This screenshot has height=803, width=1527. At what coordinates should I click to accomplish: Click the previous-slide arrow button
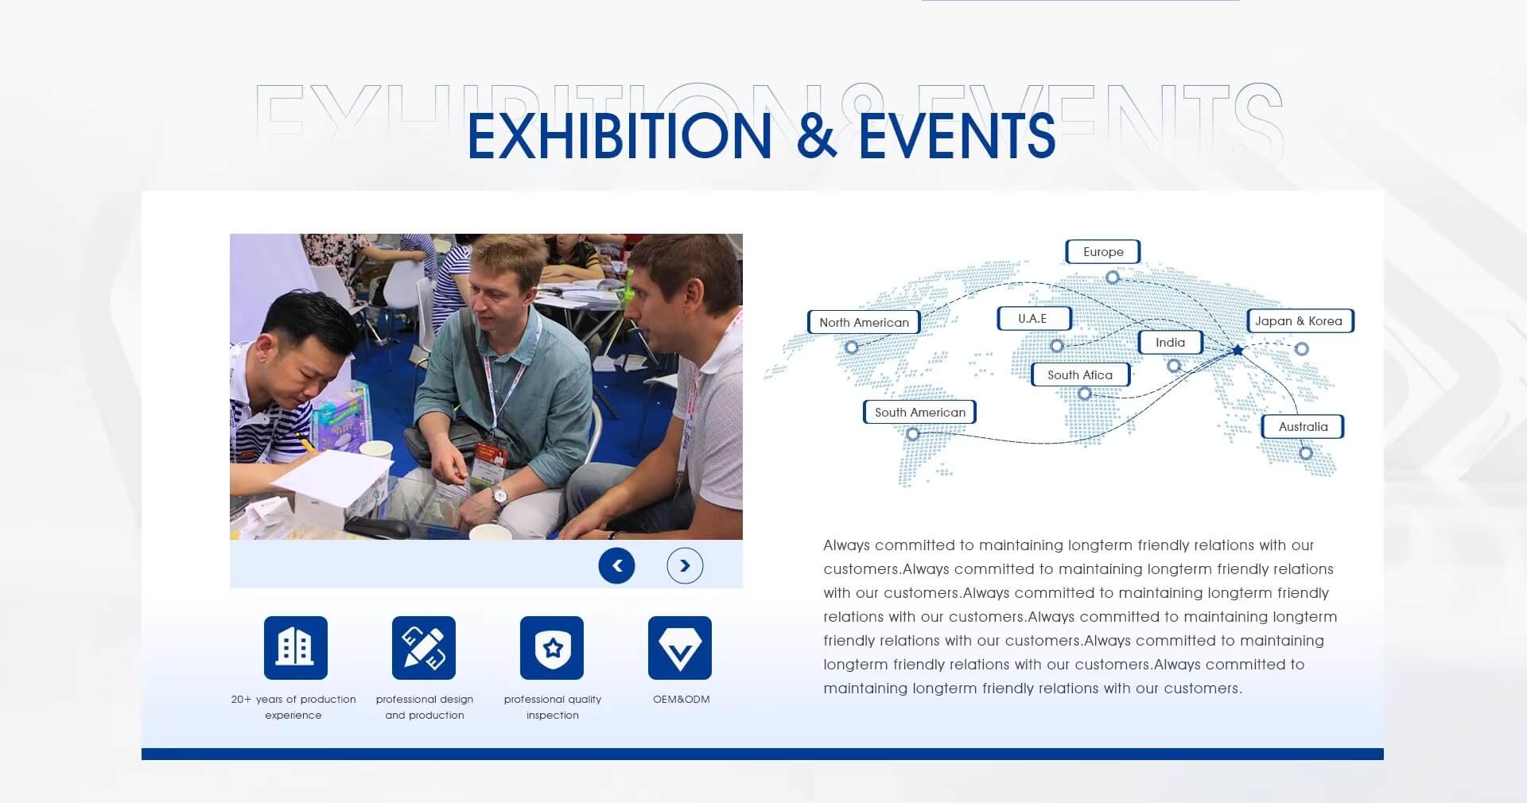[x=616, y=566]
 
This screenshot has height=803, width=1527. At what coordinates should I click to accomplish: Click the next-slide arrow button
[x=685, y=566]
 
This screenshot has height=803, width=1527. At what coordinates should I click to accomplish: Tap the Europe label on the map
[x=1103, y=252]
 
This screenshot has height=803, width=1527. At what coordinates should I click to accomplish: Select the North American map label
[x=864, y=322]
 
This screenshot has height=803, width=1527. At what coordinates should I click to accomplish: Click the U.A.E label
[x=1034, y=319]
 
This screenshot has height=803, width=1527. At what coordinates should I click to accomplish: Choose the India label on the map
[x=1170, y=343]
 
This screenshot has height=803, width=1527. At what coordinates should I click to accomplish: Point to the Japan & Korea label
[x=1300, y=321]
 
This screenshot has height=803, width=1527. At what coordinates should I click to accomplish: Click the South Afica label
[x=1080, y=374]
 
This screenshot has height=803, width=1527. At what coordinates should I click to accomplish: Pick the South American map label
[x=919, y=412]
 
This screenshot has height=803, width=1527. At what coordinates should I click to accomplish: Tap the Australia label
[x=1303, y=427]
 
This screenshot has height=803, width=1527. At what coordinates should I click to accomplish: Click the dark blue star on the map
[x=1238, y=350]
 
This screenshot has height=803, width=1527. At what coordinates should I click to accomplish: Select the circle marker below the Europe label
[x=1113, y=277]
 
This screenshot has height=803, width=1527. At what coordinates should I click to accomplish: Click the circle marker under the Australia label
[x=1305, y=453]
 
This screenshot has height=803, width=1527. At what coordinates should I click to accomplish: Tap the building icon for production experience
[x=296, y=648]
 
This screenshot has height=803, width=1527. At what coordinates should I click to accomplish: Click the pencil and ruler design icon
[x=424, y=648]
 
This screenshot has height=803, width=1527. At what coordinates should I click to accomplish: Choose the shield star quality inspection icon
[x=552, y=648]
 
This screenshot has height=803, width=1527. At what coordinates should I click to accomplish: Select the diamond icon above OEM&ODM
[x=680, y=648]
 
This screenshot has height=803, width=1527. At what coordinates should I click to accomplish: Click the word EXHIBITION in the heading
[x=620, y=135]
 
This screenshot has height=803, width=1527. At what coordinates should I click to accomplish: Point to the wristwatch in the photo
[x=499, y=497]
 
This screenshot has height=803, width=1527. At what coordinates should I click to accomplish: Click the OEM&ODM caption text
[x=682, y=700]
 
